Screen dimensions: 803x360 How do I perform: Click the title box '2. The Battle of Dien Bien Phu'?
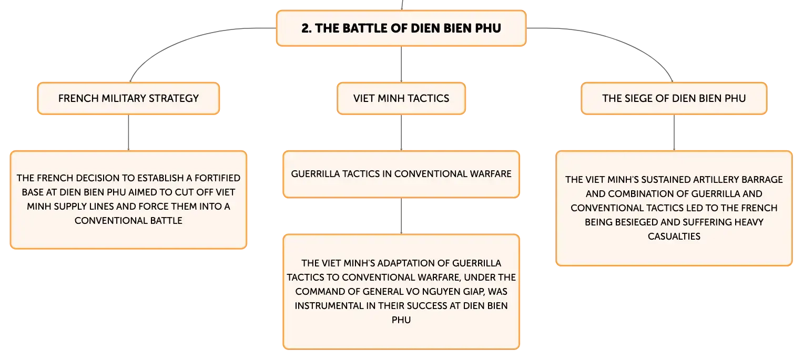401,28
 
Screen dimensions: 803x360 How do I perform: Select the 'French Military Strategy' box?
128,98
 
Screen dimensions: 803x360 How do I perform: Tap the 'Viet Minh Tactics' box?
401,98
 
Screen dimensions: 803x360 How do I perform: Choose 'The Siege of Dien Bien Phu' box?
674,98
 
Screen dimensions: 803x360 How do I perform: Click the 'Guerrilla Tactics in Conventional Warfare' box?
401,174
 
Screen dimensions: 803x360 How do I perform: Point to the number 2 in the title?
306,28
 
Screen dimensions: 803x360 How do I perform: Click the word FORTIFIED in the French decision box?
217,178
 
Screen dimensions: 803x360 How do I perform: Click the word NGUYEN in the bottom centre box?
437,292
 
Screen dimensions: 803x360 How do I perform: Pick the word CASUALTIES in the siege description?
674,236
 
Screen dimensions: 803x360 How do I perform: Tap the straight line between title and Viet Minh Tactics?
401,65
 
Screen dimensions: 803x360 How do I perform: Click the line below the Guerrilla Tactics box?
401,216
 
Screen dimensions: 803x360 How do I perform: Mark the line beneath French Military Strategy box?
128,132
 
